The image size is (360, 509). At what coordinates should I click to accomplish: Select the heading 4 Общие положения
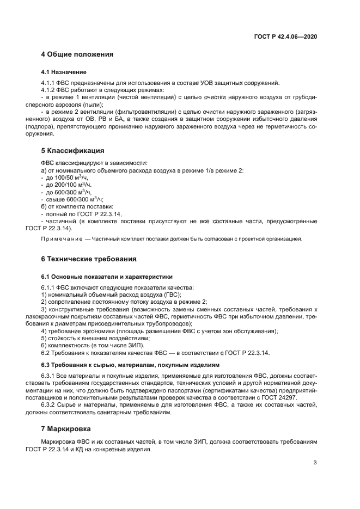tap(77, 54)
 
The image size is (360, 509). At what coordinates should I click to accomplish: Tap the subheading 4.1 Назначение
tap(63, 72)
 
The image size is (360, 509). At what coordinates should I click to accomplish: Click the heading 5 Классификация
tap(73, 150)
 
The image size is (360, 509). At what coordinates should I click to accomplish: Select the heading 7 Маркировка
tap(69, 430)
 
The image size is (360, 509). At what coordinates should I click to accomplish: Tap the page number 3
tap(315, 463)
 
